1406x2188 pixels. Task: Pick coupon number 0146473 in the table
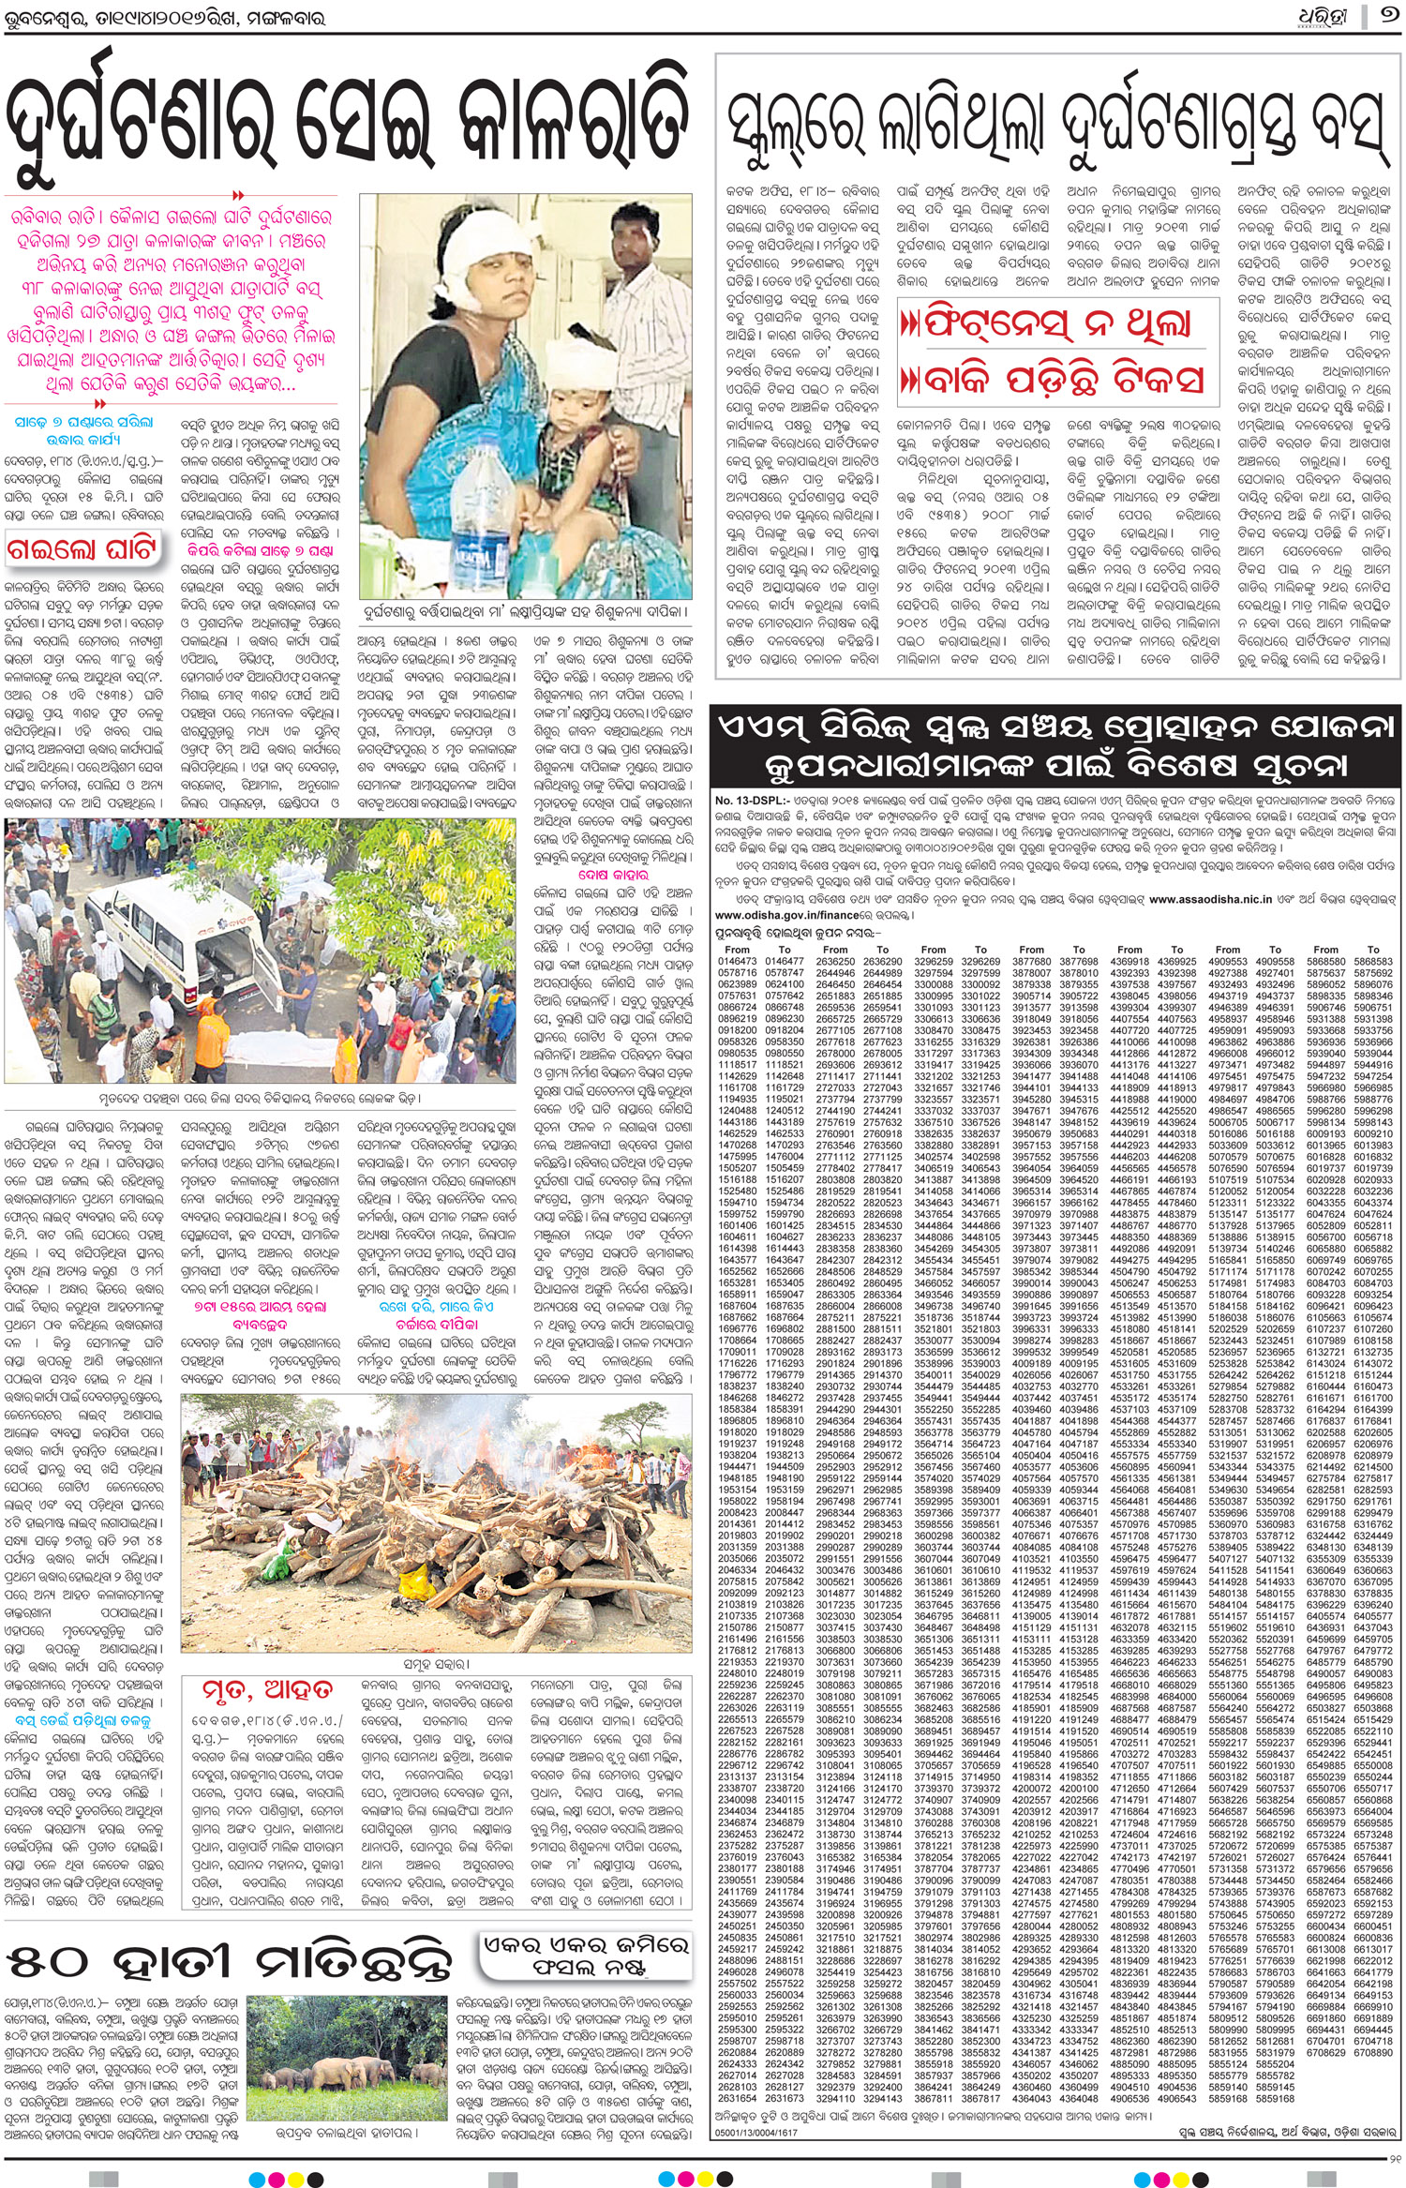pos(737,962)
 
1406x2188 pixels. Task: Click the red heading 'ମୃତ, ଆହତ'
pos(266,1690)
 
